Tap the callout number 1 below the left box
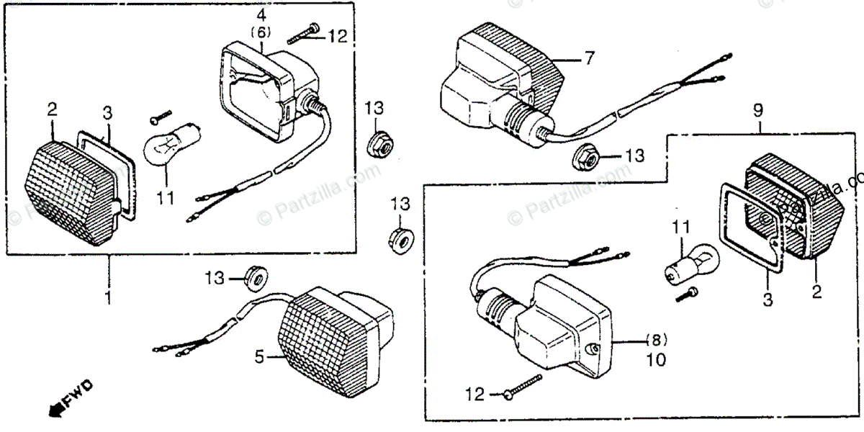tap(108, 296)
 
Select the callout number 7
tap(589, 58)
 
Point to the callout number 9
tap(757, 112)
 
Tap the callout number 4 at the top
tap(261, 14)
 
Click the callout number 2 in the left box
tap(52, 109)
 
